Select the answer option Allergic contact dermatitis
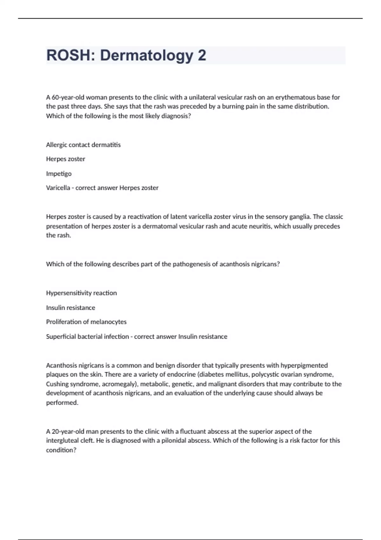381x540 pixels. [83, 145]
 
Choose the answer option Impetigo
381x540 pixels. [59, 174]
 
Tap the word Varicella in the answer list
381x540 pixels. [58, 188]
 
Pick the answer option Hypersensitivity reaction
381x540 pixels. [81, 293]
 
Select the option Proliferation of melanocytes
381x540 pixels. [86, 322]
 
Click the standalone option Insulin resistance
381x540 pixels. [70, 307]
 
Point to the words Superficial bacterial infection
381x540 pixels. [87, 336]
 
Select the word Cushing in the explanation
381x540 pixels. [57, 384]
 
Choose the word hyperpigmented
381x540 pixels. [304, 365]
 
